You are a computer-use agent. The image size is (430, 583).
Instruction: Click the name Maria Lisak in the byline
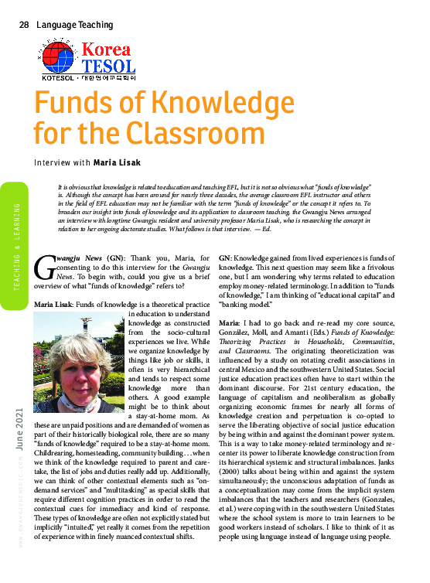tap(118, 163)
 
